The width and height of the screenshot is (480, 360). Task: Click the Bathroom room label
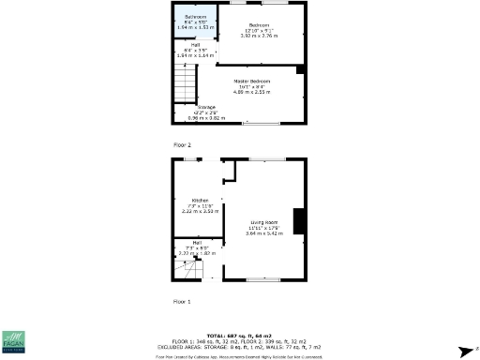[x=195, y=17]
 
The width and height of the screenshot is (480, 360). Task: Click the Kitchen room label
[x=200, y=201]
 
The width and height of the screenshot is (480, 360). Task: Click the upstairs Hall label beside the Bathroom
[x=196, y=45]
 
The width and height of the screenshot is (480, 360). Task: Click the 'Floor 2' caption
[x=182, y=145]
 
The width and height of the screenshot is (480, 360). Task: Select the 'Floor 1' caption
[x=182, y=302]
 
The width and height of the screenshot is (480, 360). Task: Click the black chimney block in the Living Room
[x=298, y=220]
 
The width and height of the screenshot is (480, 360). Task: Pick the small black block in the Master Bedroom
[x=300, y=69]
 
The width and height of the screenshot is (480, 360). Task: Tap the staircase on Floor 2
[x=187, y=89]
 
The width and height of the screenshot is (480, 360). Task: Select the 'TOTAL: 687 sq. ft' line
[x=238, y=334]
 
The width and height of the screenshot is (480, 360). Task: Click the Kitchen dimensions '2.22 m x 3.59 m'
[x=200, y=211]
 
